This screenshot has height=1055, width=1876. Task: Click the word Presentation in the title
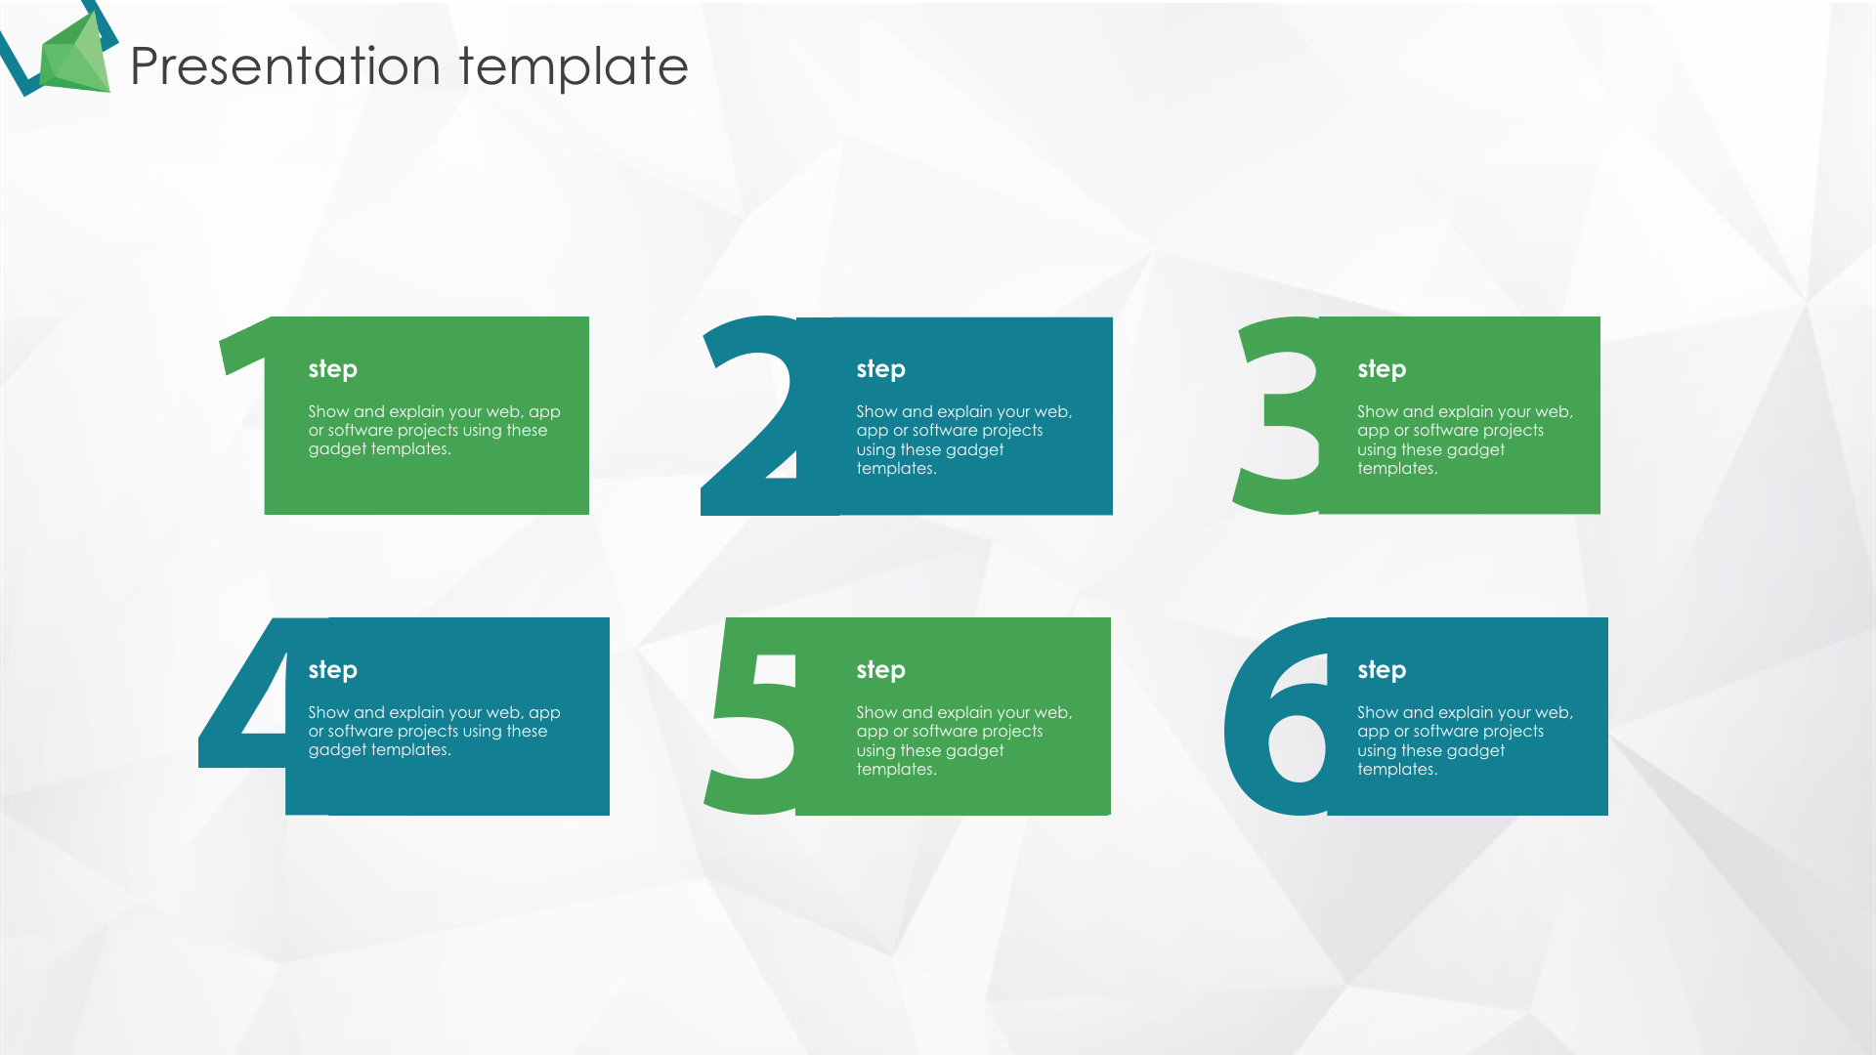[x=285, y=66]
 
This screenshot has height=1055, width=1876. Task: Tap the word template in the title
[x=574, y=66]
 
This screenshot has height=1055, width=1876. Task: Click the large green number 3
[x=1276, y=414]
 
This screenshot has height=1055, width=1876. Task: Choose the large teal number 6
[x=1276, y=716]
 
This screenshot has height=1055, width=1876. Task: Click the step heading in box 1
[x=333, y=369]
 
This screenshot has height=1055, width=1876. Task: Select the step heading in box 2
[x=881, y=369]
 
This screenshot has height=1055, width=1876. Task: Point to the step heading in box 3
[x=1382, y=369]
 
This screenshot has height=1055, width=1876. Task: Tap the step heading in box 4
[x=333, y=670]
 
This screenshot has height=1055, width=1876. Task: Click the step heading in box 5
[x=881, y=670]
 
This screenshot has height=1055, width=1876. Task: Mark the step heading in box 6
[x=1382, y=670]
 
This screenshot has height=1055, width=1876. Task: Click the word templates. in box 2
[x=897, y=469]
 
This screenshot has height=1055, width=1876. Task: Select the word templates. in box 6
[x=1397, y=770]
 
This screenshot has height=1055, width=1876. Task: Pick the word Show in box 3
[x=1378, y=412]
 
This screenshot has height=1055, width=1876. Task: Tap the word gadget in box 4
[x=337, y=750]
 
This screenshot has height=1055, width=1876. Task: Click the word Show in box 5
[x=876, y=713]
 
